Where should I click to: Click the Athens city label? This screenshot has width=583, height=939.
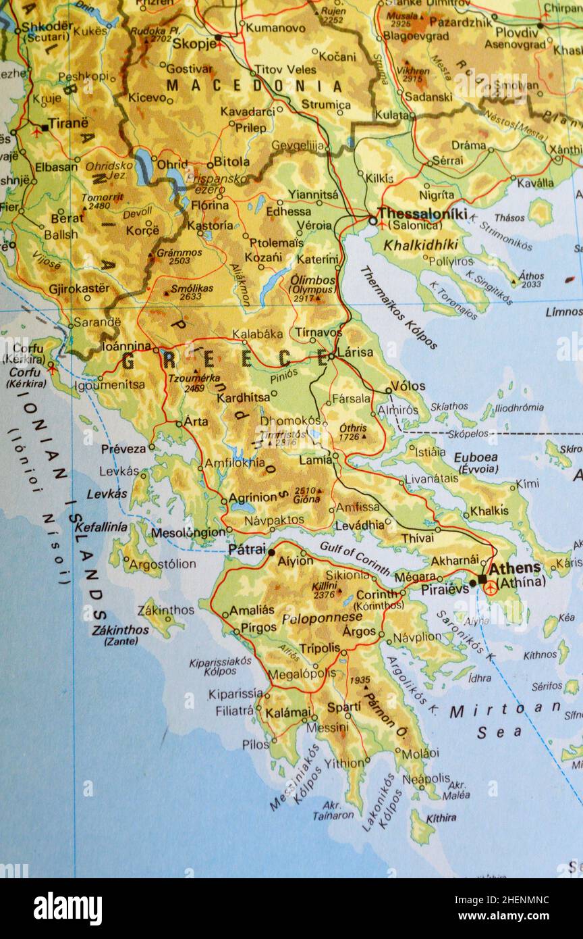(514, 569)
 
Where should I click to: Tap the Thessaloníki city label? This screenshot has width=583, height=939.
(422, 213)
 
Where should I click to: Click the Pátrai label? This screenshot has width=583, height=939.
(247, 549)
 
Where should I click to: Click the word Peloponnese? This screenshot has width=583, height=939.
(322, 617)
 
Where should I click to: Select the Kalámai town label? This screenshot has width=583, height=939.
(288, 713)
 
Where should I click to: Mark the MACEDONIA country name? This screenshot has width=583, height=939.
(255, 86)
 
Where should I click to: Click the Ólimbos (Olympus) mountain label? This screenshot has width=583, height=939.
(312, 284)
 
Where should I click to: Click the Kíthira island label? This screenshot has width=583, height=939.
(441, 817)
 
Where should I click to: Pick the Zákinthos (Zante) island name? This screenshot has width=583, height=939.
(121, 634)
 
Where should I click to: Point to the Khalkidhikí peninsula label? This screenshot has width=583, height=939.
(421, 245)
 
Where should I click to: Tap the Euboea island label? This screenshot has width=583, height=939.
(476, 457)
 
